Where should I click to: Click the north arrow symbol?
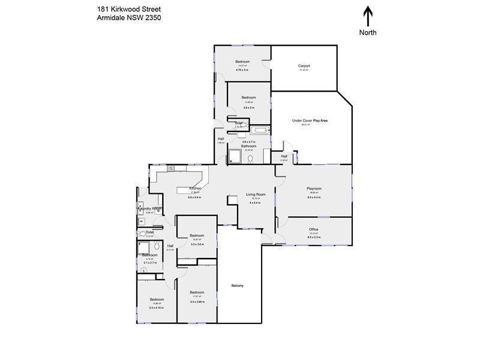coord(368,16)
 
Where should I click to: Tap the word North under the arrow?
coord(368,32)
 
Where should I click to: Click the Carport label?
coord(304,66)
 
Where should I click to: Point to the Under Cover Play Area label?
coord(310,120)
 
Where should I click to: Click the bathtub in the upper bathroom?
coord(260,130)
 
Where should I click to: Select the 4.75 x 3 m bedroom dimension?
coord(242,70)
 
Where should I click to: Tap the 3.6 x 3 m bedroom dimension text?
coord(249,107)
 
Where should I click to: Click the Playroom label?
coord(314,188)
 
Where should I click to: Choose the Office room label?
coord(314,229)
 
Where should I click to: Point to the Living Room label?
coord(256,194)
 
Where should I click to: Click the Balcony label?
coord(238,285)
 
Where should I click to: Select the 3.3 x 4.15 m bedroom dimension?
coord(157,308)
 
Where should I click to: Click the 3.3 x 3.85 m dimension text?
coord(197,302)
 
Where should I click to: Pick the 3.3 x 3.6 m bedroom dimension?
coord(197,244)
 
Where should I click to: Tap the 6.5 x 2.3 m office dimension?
coord(314,238)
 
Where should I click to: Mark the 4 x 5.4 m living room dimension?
coord(255,203)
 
